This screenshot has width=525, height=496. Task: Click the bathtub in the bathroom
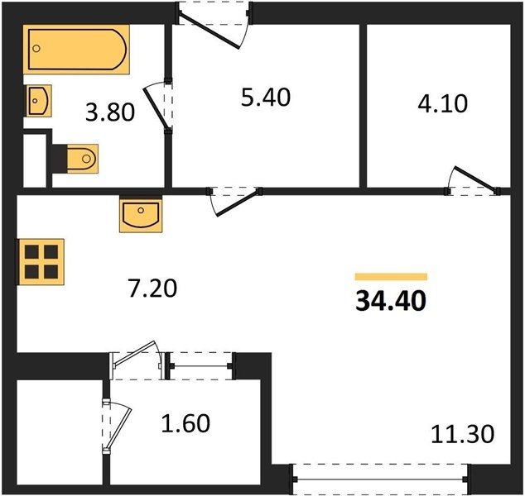point(76,50)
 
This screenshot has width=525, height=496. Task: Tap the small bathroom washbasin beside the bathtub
point(38,101)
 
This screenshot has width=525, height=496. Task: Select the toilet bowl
point(82,159)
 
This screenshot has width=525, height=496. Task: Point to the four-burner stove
point(41,262)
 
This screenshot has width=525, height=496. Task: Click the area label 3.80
point(110,112)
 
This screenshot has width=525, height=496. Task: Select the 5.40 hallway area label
point(266,98)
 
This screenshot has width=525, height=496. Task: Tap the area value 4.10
point(443,103)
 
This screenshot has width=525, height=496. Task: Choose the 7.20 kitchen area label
point(152,289)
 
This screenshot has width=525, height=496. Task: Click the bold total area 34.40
point(391,301)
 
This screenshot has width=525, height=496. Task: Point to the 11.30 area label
point(462,434)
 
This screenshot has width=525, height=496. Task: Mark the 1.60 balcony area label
point(185,423)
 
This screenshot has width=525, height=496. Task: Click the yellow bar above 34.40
point(391,277)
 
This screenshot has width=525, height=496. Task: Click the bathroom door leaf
point(157,107)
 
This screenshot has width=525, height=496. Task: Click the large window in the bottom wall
point(380,479)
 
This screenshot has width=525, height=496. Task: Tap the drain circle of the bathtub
point(36,49)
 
